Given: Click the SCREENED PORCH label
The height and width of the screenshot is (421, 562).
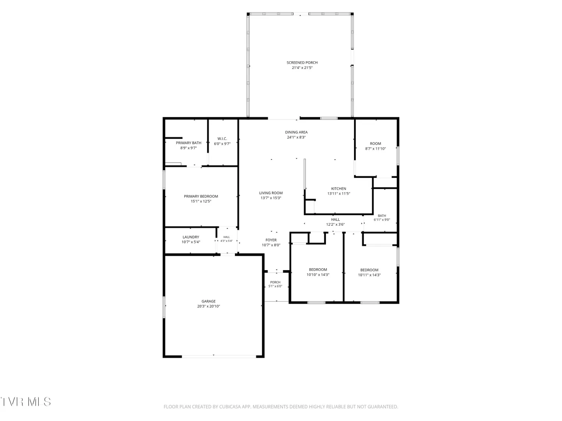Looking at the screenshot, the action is click(302, 63).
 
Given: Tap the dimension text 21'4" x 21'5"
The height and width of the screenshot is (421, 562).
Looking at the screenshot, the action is click(302, 68).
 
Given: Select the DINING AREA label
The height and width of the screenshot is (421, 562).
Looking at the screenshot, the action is click(296, 132).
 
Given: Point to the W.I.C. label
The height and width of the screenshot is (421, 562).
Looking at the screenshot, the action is click(222, 138).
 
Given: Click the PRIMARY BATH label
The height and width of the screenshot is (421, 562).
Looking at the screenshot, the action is click(189, 143).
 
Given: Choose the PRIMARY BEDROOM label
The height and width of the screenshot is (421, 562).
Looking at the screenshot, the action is click(201, 196).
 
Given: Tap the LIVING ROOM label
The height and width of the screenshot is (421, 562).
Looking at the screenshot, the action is click(271, 193).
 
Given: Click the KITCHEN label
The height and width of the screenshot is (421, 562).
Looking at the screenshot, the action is click(338, 189).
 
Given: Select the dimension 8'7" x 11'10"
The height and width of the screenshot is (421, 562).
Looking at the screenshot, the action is click(375, 149).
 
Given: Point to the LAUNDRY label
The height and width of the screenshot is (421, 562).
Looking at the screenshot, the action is click(191, 237).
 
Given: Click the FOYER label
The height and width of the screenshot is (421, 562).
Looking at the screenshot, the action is click(271, 240).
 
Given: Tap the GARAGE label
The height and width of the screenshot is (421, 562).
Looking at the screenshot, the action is click(208, 301).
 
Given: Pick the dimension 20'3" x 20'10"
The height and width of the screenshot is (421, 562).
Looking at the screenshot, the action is click(208, 306).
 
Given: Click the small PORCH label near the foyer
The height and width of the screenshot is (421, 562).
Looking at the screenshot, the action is click(275, 282).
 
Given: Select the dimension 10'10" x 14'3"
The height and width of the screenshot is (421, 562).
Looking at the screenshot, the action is click(318, 274).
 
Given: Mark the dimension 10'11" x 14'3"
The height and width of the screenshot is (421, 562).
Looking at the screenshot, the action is click(369, 275).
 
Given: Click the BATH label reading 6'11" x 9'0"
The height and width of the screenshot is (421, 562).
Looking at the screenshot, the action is click(382, 216).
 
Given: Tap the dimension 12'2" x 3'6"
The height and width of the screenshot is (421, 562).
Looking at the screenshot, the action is click(335, 225).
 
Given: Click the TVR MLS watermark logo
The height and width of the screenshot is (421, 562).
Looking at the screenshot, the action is click(25, 402).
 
